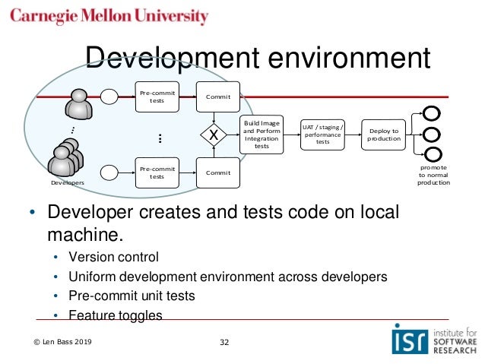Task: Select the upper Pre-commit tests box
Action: click(x=157, y=97)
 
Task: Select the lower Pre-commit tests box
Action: click(x=157, y=173)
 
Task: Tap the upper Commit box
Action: click(x=217, y=97)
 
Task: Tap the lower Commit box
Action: click(x=217, y=173)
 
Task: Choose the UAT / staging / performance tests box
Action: click(x=322, y=134)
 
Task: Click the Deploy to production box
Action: click(x=384, y=135)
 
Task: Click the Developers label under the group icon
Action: click(x=67, y=183)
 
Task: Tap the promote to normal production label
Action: click(x=434, y=175)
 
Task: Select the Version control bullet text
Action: click(x=114, y=256)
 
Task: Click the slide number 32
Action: click(x=223, y=342)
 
